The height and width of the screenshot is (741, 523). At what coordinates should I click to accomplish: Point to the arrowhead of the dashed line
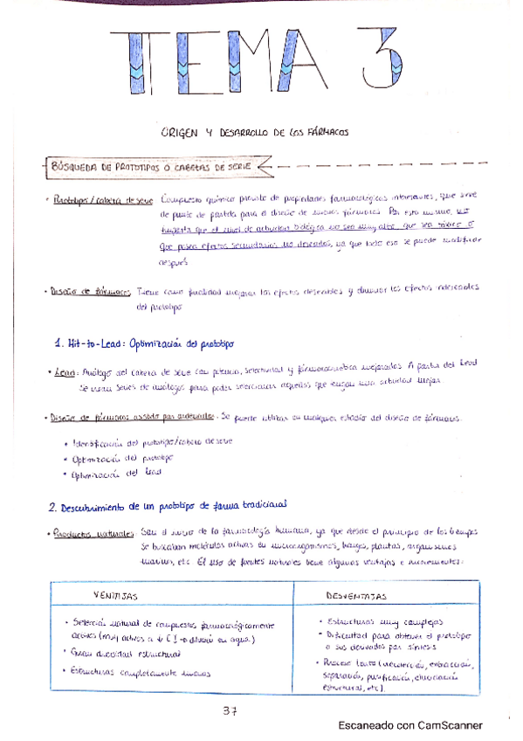[x=265, y=164]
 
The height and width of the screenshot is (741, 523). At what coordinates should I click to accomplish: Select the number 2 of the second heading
[x=52, y=506]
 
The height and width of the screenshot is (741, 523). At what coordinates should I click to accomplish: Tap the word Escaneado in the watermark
[x=368, y=725]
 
